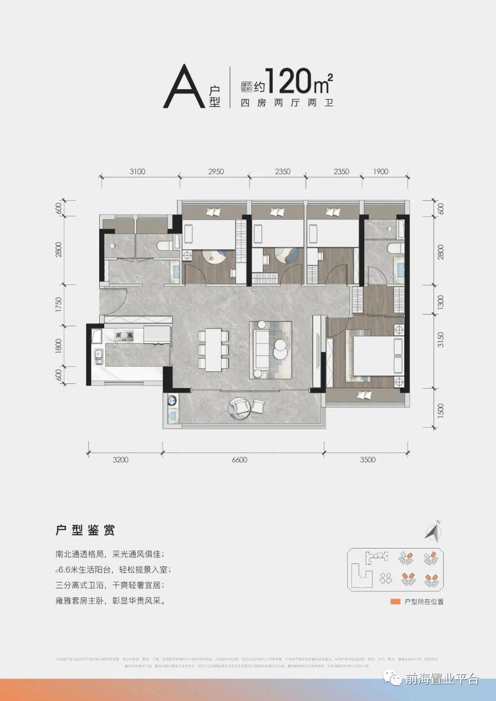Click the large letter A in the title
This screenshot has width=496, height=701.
pyautogui.click(x=184, y=87)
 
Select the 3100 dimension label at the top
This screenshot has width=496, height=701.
pyautogui.click(x=137, y=172)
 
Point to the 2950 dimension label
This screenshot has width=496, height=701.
pyautogui.click(x=216, y=172)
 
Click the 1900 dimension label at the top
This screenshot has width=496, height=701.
pyautogui.click(x=381, y=172)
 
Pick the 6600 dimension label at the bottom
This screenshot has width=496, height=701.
pyautogui.click(x=239, y=460)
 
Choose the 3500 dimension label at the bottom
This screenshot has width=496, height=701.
pyautogui.click(x=367, y=460)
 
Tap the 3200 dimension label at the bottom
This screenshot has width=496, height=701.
pyautogui.click(x=120, y=460)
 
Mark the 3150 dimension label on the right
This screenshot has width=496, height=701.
pyautogui.click(x=440, y=340)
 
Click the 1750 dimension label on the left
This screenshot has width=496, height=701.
pyautogui.click(x=58, y=304)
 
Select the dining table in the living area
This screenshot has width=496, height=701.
pyautogui.click(x=214, y=349)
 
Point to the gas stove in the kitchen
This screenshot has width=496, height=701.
pyautogui.click(x=124, y=336)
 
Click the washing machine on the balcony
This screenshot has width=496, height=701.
pyautogui.click(x=172, y=400)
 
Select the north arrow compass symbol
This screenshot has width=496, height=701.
pyautogui.click(x=433, y=532)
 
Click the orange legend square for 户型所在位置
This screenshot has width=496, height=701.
pyautogui.click(x=395, y=601)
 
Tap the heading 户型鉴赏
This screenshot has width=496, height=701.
pyautogui.click(x=85, y=530)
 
